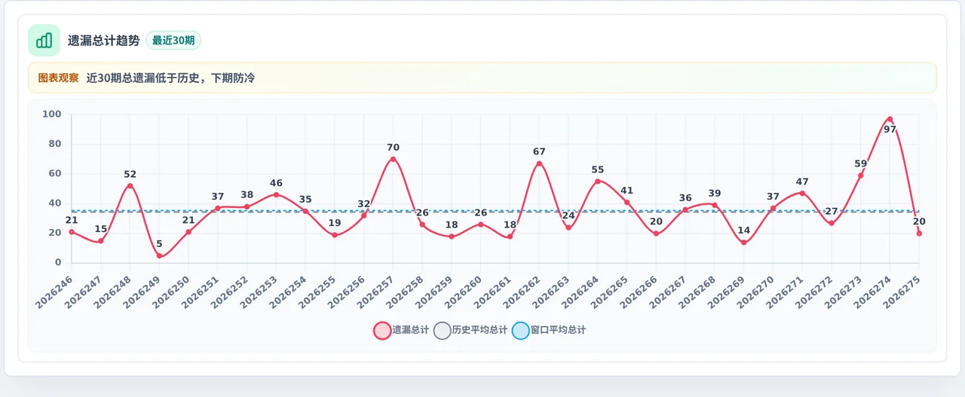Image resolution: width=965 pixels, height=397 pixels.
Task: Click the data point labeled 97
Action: coord(890,119)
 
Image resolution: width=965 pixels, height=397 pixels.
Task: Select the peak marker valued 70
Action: coord(393,159)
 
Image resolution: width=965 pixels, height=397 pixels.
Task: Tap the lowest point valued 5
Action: coord(159,256)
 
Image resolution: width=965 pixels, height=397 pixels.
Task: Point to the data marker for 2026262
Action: coord(539,163)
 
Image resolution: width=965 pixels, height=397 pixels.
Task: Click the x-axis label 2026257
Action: coord(375,292)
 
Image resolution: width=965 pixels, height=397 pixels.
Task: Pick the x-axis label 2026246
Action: coord(54,292)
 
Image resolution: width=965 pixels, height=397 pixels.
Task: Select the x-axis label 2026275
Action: coord(902,292)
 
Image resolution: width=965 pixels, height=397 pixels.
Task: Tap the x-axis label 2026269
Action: coord(726,292)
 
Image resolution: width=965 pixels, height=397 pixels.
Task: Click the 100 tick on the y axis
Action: coord(52,114)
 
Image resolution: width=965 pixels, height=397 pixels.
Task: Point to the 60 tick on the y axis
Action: coord(55,173)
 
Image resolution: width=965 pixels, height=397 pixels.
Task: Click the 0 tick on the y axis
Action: coord(58,262)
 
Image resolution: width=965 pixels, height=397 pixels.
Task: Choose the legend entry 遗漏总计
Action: coord(401,330)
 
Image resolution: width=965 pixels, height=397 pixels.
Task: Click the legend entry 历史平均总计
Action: coord(470,330)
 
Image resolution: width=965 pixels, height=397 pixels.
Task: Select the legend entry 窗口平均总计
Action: coord(549,330)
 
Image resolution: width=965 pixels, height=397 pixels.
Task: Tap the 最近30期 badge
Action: coord(173,41)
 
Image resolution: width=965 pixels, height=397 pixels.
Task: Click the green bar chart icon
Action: coord(44,41)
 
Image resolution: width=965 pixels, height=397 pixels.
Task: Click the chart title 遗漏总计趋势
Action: coord(104,41)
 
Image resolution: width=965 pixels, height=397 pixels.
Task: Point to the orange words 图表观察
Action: coord(58,78)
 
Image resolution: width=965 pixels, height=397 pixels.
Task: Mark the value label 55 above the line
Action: coord(598,169)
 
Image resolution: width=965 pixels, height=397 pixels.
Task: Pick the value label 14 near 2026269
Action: coord(743,231)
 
